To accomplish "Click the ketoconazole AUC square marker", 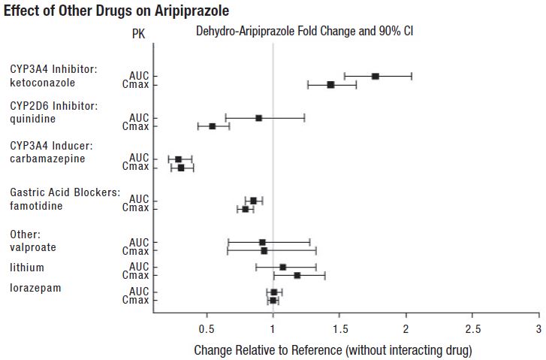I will pyautogui.click(x=376, y=76).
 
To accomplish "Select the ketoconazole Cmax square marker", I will pyautogui.click(x=331, y=85).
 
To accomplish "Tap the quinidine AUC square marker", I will pyautogui.click(x=259, y=118).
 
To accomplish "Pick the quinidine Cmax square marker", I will pyautogui.click(x=213, y=126).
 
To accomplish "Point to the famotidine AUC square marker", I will pyautogui.click(x=254, y=201).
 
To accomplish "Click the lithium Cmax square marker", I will pyautogui.click(x=297, y=276).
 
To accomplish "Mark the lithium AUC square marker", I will pyautogui.click(x=283, y=267).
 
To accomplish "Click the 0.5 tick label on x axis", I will pyautogui.click(x=207, y=329).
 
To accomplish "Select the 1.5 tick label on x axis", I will pyautogui.click(x=339, y=329).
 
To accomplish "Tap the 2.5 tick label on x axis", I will pyautogui.click(x=472, y=329).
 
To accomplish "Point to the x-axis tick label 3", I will pyautogui.click(x=538, y=329).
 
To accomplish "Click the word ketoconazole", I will pyautogui.click(x=42, y=83).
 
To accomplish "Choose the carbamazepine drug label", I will pyautogui.click(x=48, y=159).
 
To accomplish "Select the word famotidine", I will pyautogui.click(x=36, y=205).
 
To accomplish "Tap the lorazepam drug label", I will pyautogui.click(x=35, y=287).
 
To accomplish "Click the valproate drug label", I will pyautogui.click(x=33, y=247).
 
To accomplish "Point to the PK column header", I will pyautogui.click(x=139, y=33).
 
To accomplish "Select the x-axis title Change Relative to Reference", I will pyautogui.click(x=333, y=350).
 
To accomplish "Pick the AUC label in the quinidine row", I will pyautogui.click(x=139, y=118).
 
